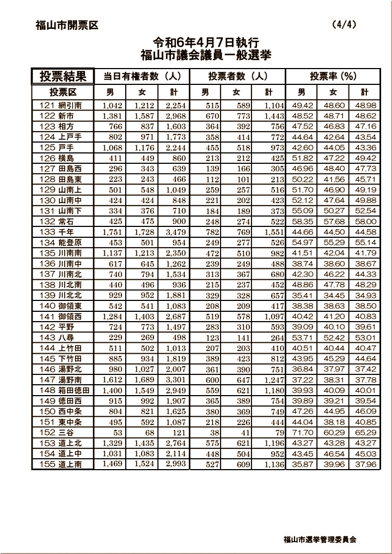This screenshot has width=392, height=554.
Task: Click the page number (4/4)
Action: pos(344,25)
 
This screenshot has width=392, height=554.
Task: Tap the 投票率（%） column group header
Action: pos(333,76)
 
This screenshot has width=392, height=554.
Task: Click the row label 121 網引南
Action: pos(61,106)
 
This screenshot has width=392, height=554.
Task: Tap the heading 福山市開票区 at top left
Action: pos(66,25)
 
